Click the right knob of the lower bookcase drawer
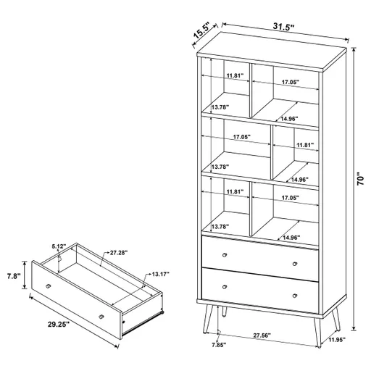[x=296, y=296]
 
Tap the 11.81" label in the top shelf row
[x=234, y=75]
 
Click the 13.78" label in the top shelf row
[x=220, y=107]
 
